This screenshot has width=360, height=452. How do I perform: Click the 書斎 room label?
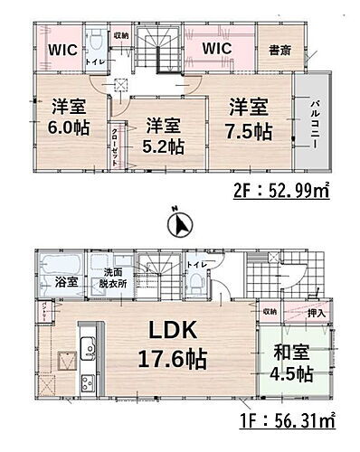277,50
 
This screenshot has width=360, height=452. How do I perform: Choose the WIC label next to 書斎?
217,47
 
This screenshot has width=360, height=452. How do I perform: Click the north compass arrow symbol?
180,224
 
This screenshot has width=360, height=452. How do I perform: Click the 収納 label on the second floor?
120,36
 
